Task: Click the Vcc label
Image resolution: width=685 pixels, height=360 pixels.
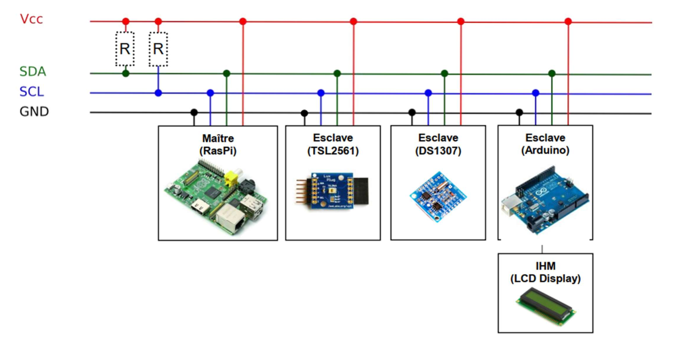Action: [x=32, y=19]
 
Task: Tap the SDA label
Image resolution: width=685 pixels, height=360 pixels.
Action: [x=33, y=72]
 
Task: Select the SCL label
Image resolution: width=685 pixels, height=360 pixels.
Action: [x=32, y=92]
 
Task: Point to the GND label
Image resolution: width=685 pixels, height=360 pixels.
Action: [x=34, y=112]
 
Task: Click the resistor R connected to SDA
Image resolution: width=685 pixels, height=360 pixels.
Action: [x=125, y=49]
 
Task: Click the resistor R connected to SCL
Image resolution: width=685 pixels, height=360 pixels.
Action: [x=158, y=49]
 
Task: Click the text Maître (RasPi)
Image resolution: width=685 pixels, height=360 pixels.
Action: [x=218, y=143]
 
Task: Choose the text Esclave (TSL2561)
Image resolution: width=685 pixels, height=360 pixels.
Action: [x=332, y=143]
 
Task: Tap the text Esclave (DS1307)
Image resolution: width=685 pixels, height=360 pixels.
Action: [x=438, y=143]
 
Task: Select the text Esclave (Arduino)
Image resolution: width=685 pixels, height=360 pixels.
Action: [x=545, y=143]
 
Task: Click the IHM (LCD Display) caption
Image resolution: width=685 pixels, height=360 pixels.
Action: [x=545, y=272]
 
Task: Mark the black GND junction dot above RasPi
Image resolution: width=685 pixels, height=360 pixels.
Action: [x=193, y=112]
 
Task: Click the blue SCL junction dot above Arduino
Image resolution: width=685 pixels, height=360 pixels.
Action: [x=536, y=93]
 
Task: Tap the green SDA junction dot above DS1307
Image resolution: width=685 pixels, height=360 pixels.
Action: [x=444, y=73]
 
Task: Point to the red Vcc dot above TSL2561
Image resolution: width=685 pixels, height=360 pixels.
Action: [x=354, y=22]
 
